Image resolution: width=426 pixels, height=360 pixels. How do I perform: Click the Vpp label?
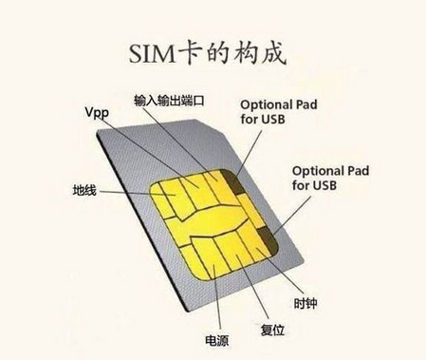tap(97, 112)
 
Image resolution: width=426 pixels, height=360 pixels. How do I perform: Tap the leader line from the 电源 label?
tap(214, 299)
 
